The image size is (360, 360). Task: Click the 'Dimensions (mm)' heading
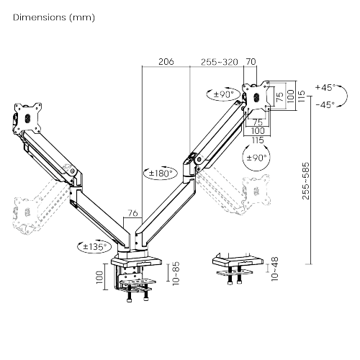[x=54, y=17]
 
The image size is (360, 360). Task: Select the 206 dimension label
[x=166, y=62]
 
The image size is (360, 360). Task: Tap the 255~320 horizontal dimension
[x=220, y=62]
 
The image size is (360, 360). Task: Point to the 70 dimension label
[x=251, y=62]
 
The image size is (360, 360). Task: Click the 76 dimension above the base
[x=132, y=213]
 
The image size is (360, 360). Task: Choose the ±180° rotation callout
[x=161, y=173]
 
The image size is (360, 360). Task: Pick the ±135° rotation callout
[x=95, y=246]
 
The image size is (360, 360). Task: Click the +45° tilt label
[x=325, y=87]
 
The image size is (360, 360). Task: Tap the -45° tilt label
[x=325, y=104]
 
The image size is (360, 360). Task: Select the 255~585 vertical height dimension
[x=306, y=181]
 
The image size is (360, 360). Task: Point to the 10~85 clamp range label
[x=176, y=273]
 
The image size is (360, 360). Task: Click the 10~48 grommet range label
[x=274, y=269]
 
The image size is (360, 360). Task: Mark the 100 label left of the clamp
[x=99, y=277]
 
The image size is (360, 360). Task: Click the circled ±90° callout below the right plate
[x=256, y=158]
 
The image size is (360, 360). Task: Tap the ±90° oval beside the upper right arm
[x=223, y=94]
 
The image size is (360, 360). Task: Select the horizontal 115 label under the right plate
[x=258, y=140]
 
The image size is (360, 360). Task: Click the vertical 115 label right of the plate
[x=301, y=96]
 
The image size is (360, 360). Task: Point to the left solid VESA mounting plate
[x=27, y=118]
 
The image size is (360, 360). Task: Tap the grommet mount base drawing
[x=238, y=269]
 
